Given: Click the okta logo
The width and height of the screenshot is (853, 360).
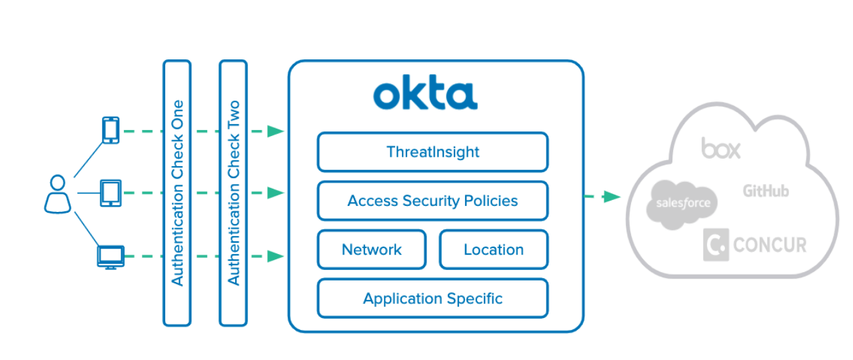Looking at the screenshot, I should coord(425,95).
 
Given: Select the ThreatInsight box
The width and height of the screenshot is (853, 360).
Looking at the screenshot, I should coord(432,152).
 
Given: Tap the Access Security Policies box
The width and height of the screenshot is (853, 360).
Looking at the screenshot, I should coord(432,201).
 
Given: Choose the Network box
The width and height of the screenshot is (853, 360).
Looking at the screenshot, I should coord(371,249).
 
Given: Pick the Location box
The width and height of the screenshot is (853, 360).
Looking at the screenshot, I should coord(494,249).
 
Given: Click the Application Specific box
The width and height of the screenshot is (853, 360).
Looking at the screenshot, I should coord(432,298).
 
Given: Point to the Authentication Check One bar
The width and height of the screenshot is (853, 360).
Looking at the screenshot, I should coord(177,193).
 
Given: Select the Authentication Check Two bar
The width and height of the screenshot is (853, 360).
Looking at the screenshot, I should coord(233,193).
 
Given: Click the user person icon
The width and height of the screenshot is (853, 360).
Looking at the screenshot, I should coord(57,194).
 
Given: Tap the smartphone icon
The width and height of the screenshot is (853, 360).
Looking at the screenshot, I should coord(111,130).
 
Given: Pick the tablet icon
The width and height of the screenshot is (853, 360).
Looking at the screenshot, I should coord(111,193).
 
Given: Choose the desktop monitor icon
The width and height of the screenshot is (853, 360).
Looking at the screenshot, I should coord(111,257).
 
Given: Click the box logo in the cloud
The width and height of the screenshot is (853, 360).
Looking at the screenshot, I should coord(720,148).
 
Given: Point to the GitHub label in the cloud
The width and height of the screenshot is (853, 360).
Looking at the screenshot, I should coord(766,191).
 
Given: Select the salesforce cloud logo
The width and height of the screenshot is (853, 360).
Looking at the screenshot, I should coord(682,203).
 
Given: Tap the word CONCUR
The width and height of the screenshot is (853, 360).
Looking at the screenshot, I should coord(770,245).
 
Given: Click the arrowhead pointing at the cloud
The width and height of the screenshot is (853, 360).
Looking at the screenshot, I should coord(612,197).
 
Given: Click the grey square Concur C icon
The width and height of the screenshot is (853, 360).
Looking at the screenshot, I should coord(716,245).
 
